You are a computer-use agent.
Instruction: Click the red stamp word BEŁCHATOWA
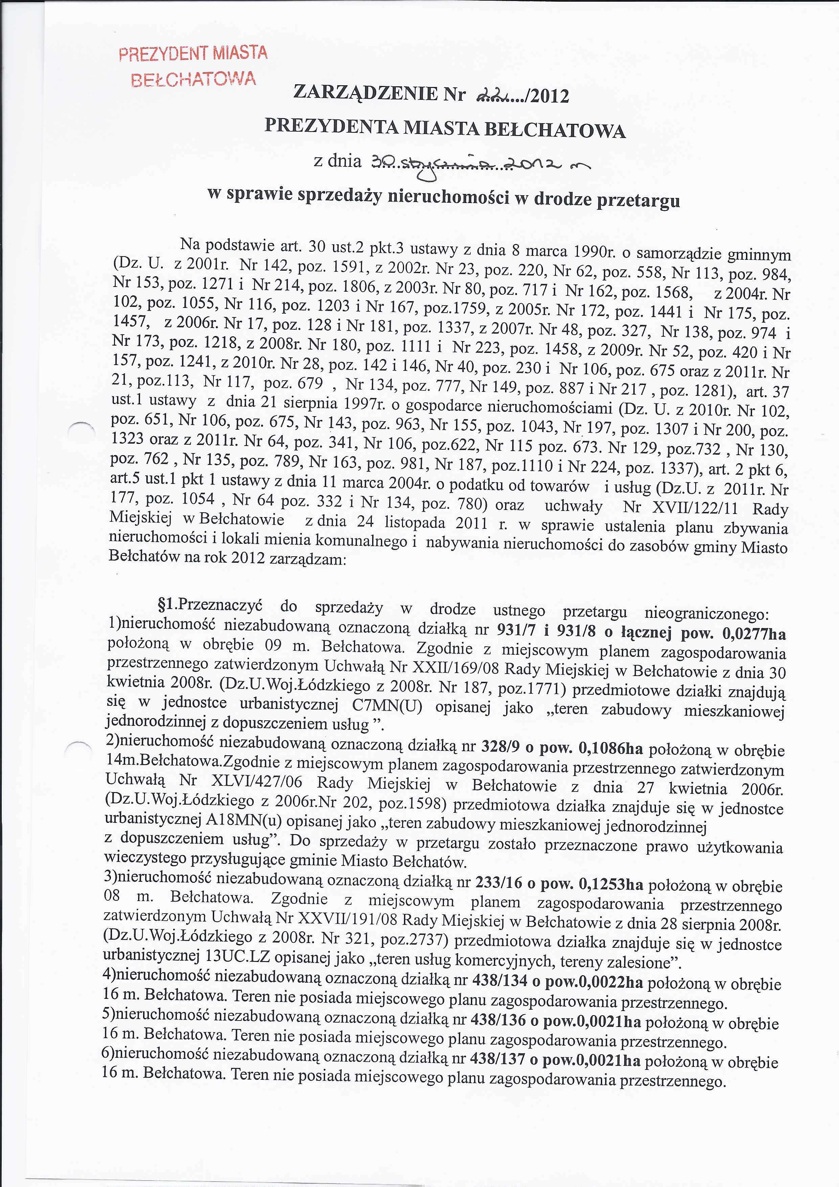point(193,79)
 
